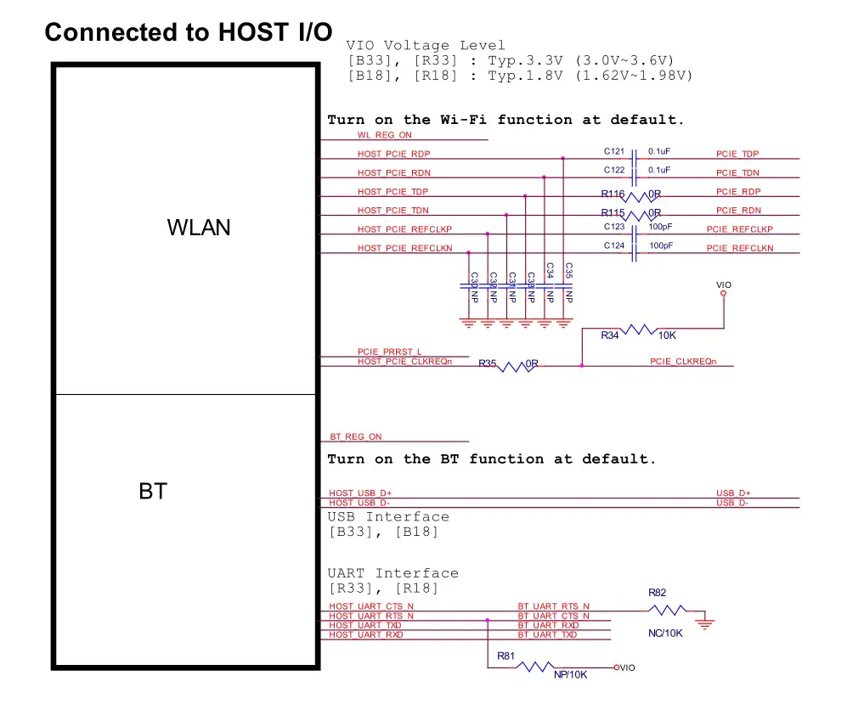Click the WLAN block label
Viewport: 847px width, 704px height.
199,228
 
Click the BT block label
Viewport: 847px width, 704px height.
153,491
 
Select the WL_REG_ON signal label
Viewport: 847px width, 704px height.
384,135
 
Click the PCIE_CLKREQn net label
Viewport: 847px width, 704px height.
683,362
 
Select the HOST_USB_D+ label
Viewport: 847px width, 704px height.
360,493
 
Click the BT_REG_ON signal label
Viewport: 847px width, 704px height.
356,436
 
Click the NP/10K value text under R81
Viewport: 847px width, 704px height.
570,674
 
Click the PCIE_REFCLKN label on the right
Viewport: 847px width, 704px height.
740,248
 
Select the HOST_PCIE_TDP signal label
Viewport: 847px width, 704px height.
392,192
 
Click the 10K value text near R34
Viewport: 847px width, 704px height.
667,336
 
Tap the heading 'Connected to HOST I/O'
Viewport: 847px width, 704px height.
189,32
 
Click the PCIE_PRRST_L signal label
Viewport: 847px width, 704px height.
389,352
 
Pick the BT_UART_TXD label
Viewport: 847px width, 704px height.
547,635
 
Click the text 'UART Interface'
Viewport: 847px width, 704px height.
392,573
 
